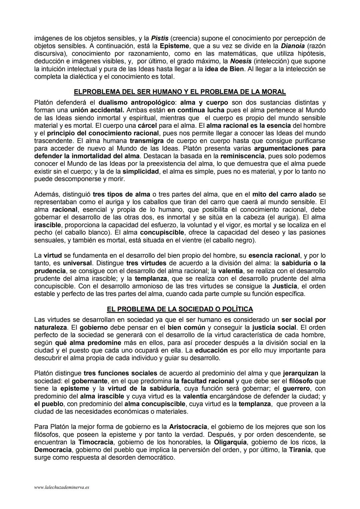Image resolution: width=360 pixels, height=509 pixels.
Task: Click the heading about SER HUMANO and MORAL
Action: tap(180, 92)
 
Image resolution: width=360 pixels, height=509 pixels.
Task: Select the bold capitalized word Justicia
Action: tap(285, 286)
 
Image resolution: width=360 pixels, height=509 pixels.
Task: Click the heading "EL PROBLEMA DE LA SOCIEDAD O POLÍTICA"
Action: tap(180, 309)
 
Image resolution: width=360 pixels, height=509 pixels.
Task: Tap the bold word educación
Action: tap(211, 351)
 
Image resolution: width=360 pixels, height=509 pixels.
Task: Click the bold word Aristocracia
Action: tap(188, 427)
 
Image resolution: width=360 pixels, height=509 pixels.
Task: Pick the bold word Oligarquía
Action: tap(230, 442)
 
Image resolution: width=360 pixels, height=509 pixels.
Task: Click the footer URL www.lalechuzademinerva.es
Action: tap(62, 487)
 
